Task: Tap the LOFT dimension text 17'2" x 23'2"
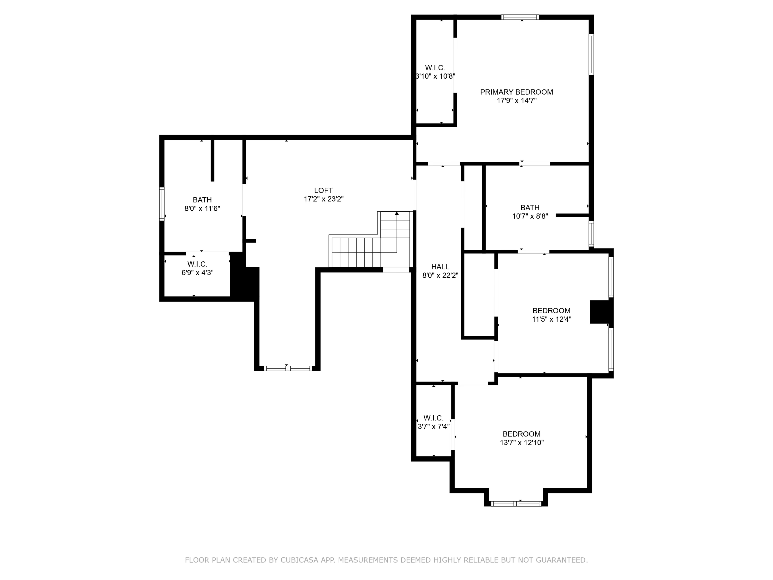[x=323, y=199]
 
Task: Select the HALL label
[x=440, y=267]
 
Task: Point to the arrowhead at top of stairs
[x=397, y=213]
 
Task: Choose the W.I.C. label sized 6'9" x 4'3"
[x=197, y=264]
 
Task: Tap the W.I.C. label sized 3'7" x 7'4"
[x=433, y=418]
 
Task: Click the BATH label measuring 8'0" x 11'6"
[x=202, y=200]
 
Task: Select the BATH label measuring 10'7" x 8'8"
[x=530, y=208]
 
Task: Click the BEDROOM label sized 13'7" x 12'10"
[x=522, y=434]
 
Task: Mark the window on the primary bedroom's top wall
[x=520, y=17]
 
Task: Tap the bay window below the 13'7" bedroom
[x=516, y=504]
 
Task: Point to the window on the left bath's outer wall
[x=162, y=204]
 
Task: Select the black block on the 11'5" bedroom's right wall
[x=601, y=312]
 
